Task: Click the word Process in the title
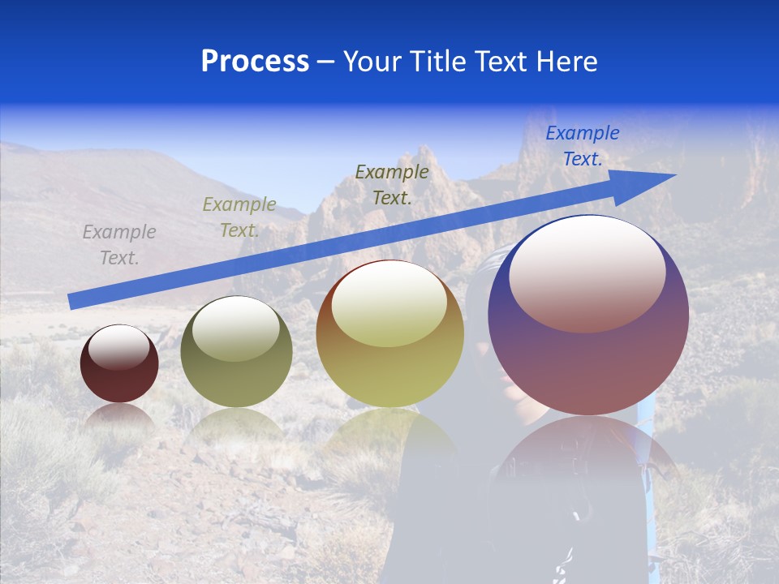[x=255, y=62]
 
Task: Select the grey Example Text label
[x=119, y=245]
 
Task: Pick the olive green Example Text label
[x=239, y=217]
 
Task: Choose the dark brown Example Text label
[x=392, y=184]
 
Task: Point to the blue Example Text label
[x=583, y=146]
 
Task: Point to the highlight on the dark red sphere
[x=119, y=348]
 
